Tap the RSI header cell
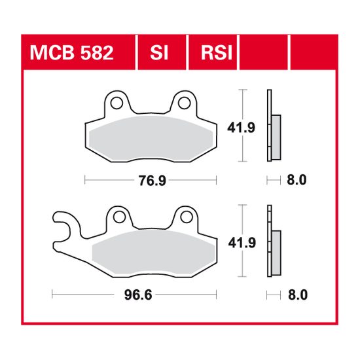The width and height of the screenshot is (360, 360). tap(214, 51)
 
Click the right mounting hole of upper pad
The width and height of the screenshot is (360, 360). tap(183, 102)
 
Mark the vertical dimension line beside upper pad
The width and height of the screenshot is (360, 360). tap(244, 124)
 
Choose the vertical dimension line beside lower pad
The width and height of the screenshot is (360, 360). tap(244, 240)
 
